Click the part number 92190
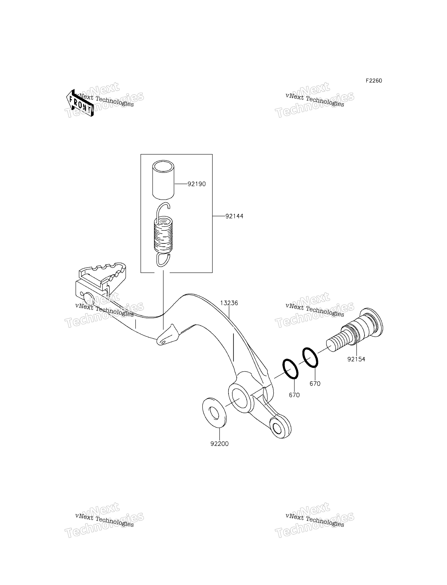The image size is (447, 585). click(196, 184)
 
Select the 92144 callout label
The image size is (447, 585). click(234, 216)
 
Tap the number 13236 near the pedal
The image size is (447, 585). click(229, 303)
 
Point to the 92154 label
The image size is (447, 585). click(356, 359)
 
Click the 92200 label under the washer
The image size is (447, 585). click(219, 444)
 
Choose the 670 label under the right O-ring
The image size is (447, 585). click(315, 383)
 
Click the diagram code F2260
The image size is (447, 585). click(374, 81)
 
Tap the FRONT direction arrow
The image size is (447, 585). click(80, 103)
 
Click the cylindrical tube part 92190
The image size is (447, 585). click(163, 180)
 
